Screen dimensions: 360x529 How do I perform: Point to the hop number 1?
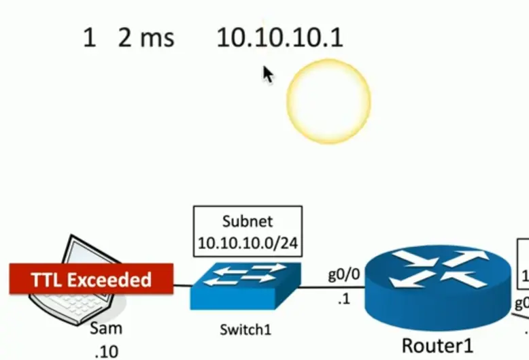[x=89, y=37]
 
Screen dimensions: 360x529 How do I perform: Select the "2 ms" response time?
[x=146, y=37]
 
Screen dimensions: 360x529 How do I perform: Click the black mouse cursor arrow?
[x=268, y=73]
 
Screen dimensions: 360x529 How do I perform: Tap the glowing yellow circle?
[x=328, y=101]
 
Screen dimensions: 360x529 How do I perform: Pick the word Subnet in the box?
[x=248, y=222]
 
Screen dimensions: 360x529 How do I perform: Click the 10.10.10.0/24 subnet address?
[x=248, y=242]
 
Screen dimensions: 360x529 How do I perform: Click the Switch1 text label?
[x=245, y=331]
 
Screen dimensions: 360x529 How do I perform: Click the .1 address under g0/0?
[x=343, y=298]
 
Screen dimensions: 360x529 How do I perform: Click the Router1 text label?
[x=437, y=345]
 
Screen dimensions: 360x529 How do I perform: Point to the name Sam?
[x=105, y=329]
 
